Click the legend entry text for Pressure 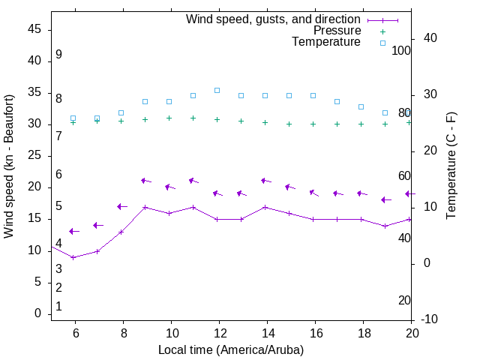(x=337, y=31)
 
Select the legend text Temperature (x=326, y=42)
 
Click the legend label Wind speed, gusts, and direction (x=274, y=19)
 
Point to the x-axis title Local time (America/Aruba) (x=231, y=349)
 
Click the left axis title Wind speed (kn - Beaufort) (x=9, y=166)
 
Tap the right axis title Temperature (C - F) (x=451, y=166)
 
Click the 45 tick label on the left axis (x=34, y=29)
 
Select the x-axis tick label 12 (x=219, y=333)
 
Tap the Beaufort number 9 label (x=58, y=55)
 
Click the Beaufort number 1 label (x=58, y=307)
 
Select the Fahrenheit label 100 (x=401, y=50)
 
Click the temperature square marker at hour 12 (x=217, y=90)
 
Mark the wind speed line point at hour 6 (x=73, y=257)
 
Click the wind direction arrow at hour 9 (x=145, y=181)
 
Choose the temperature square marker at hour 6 (x=73, y=118)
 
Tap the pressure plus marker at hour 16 (x=313, y=124)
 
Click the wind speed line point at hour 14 (x=265, y=207)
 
